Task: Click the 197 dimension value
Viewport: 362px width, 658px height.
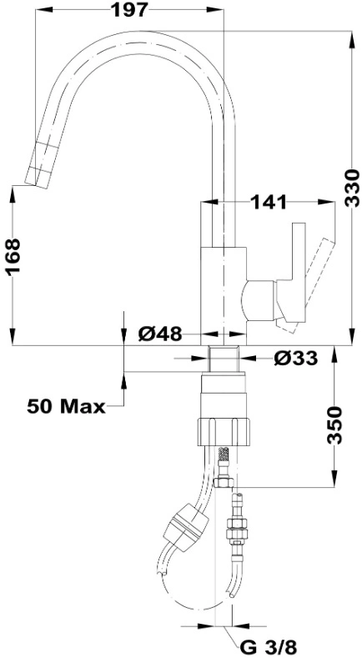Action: tap(130, 10)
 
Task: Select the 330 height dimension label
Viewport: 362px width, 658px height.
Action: tap(351, 188)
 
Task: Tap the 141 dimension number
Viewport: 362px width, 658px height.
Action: tap(269, 203)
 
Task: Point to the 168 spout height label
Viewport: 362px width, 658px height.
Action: tap(13, 256)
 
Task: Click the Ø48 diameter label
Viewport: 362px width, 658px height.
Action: tap(160, 334)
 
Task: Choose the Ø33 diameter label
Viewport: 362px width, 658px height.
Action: tap(295, 358)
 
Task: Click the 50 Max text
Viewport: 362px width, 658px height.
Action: tap(67, 406)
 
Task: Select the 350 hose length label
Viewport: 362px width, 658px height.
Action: tap(334, 424)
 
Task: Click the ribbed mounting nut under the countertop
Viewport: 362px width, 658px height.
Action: tap(223, 431)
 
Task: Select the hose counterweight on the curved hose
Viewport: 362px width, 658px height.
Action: tap(187, 523)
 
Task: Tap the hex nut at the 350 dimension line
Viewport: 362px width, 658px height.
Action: tap(224, 482)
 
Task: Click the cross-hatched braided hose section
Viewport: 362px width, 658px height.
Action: tap(224, 455)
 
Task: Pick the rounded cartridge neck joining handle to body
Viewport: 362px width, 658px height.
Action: tap(259, 302)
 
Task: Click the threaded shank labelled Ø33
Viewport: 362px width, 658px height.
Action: tap(224, 359)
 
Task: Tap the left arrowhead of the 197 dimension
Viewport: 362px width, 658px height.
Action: tap(44, 9)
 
